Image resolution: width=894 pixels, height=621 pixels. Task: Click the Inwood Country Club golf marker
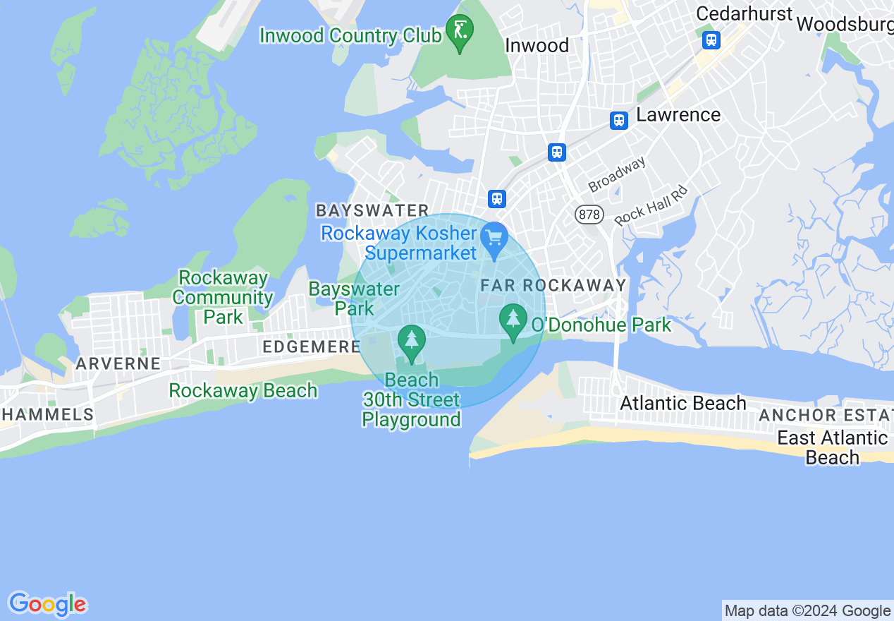click(x=460, y=32)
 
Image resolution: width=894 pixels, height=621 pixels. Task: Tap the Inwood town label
click(x=537, y=46)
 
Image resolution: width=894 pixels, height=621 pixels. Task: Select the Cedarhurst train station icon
click(x=711, y=40)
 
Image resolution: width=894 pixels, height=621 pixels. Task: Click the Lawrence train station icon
click(x=619, y=120)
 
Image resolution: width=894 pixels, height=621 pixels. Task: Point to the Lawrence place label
click(x=678, y=115)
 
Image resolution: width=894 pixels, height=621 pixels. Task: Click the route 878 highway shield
click(x=588, y=214)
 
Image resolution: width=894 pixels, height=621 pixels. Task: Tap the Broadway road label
click(x=617, y=174)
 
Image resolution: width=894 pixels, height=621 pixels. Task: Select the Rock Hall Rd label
click(x=650, y=205)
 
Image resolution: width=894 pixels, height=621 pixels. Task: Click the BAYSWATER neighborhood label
click(x=372, y=210)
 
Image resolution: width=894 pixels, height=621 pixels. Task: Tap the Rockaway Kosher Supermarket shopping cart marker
click(x=494, y=239)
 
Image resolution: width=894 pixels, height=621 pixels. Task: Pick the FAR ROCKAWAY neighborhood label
click(x=553, y=285)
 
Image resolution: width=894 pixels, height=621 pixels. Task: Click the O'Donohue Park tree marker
click(x=513, y=320)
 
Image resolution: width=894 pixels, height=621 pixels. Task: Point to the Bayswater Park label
click(x=355, y=299)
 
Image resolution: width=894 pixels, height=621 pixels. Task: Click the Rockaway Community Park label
click(x=223, y=297)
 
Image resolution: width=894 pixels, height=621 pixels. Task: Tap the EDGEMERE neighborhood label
click(x=311, y=346)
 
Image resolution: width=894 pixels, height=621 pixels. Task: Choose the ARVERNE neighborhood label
click(x=118, y=364)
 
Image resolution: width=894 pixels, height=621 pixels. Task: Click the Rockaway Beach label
click(x=243, y=390)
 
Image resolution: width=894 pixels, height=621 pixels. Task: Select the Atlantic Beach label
click(x=682, y=403)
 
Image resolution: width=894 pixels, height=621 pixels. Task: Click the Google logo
click(x=48, y=604)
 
